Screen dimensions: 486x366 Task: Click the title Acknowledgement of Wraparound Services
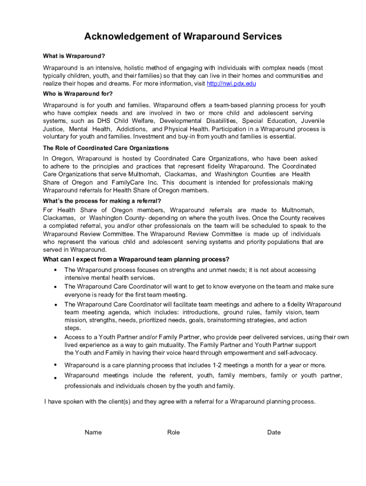click(183, 37)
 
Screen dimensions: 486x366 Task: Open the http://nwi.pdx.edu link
click(231, 84)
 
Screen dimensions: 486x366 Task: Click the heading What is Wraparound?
click(74, 56)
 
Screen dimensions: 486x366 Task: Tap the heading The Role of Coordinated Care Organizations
click(106, 148)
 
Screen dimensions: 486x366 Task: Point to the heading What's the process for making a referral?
click(102, 201)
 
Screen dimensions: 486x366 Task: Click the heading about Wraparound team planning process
click(136, 259)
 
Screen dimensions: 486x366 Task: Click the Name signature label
click(93, 432)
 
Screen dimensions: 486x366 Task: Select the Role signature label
click(173, 432)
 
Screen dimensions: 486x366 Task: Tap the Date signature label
click(274, 432)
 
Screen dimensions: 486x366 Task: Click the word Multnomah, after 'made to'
click(298, 210)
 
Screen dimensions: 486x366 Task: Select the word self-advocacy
click(287, 353)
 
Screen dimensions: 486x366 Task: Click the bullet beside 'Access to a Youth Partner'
click(55, 337)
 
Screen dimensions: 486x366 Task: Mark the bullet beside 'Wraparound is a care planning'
click(55, 365)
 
